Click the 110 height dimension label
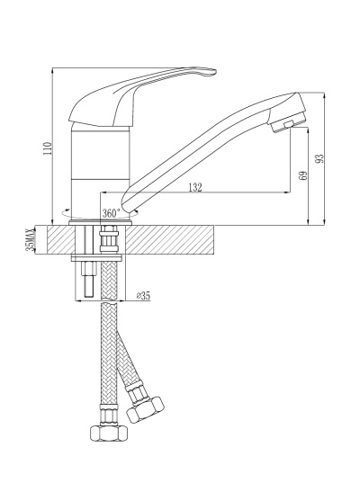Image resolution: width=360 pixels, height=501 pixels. (48, 148)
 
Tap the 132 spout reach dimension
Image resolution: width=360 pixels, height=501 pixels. (195, 187)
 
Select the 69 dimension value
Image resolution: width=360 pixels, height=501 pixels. (303, 175)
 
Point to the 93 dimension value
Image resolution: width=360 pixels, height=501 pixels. (319, 158)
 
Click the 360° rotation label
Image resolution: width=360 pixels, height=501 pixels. (111, 212)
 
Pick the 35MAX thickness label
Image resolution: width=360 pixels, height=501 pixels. (30, 240)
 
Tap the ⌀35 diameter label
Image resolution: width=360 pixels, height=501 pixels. (143, 296)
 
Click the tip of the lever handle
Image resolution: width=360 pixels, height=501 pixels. (215, 72)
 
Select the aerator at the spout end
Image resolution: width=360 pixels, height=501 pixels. (287, 123)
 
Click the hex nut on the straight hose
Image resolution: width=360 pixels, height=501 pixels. (109, 433)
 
